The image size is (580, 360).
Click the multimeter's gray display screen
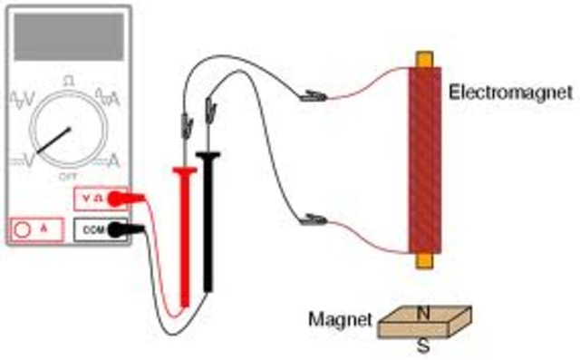68,38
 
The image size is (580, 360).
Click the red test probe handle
186,236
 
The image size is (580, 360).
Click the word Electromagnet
511,92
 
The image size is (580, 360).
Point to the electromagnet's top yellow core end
424,59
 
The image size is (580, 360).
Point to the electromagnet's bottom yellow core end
423,260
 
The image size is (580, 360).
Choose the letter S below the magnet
421,345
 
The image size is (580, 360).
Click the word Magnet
340,319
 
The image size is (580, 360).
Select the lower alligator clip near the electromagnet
313,219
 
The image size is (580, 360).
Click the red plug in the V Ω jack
132,196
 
